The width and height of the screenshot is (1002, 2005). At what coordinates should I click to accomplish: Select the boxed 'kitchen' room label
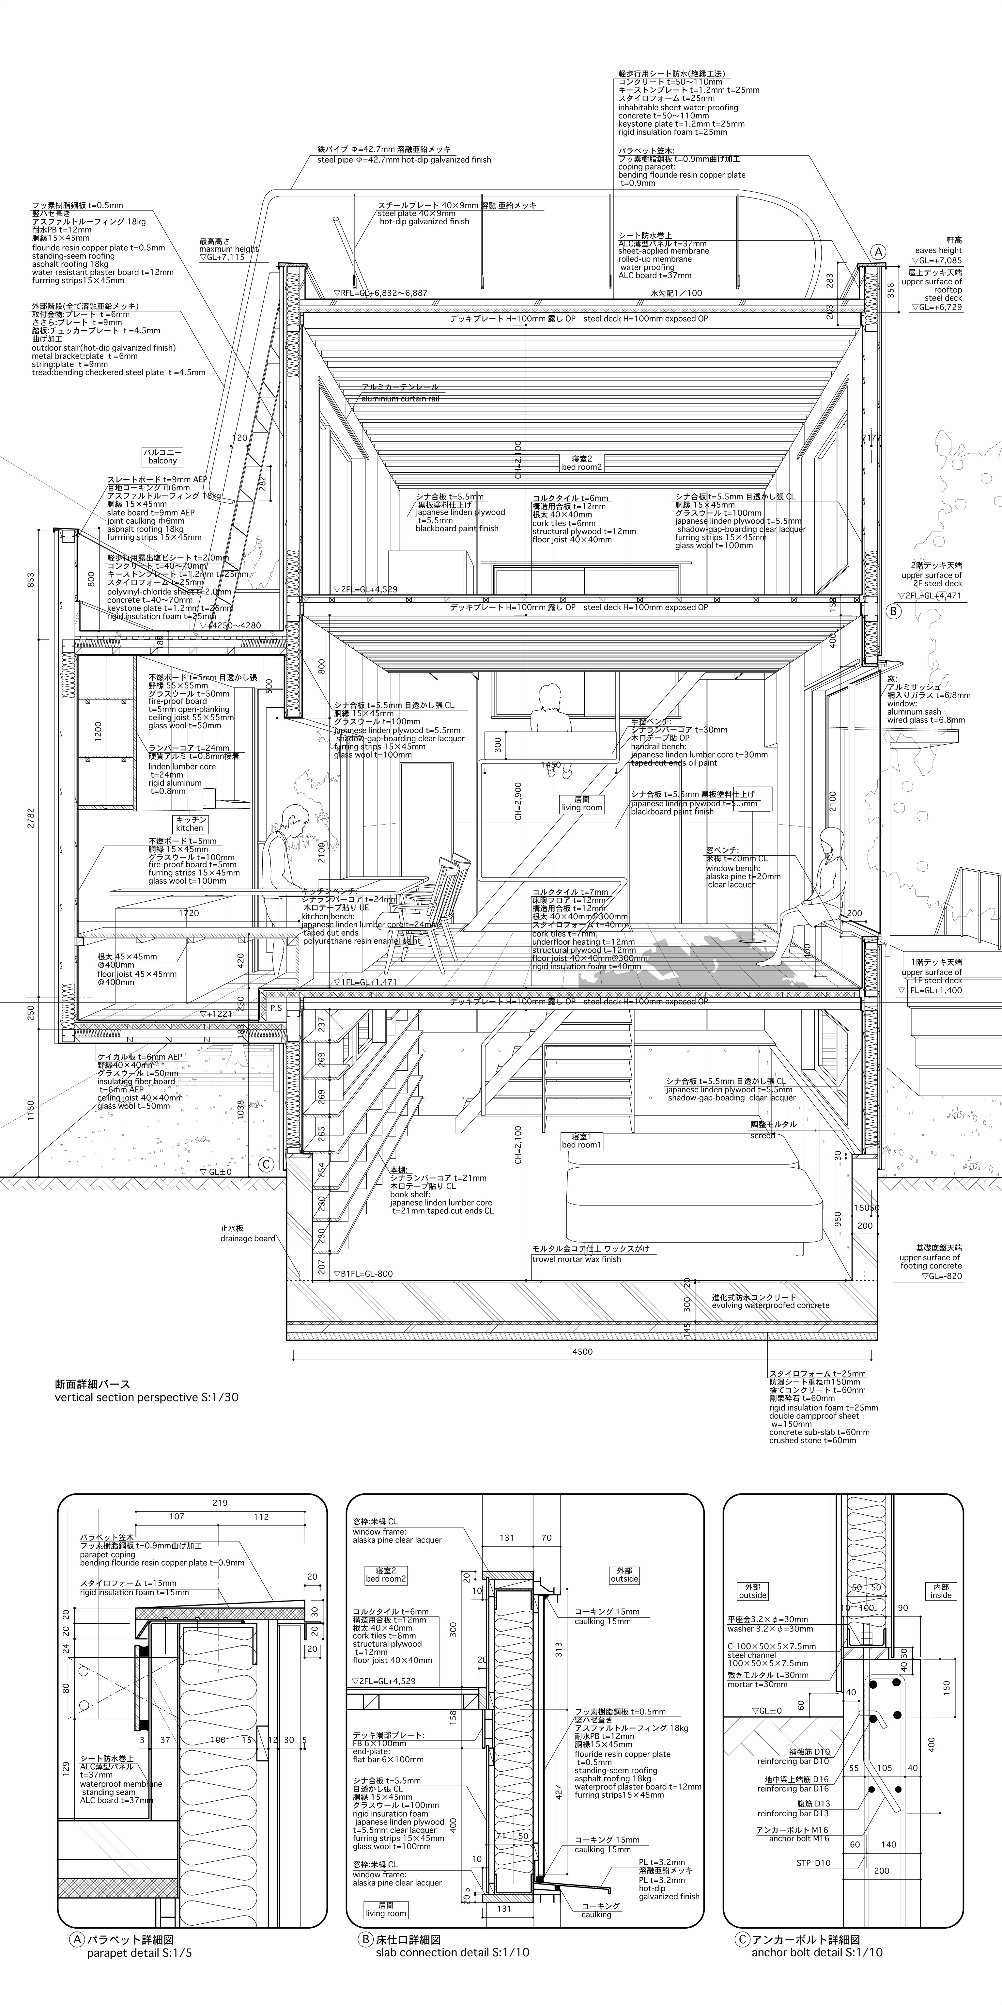tap(191, 824)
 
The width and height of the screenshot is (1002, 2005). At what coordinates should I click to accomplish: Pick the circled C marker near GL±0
tap(266, 1164)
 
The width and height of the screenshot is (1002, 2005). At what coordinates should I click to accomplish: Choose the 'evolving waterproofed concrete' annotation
tap(770, 1302)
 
